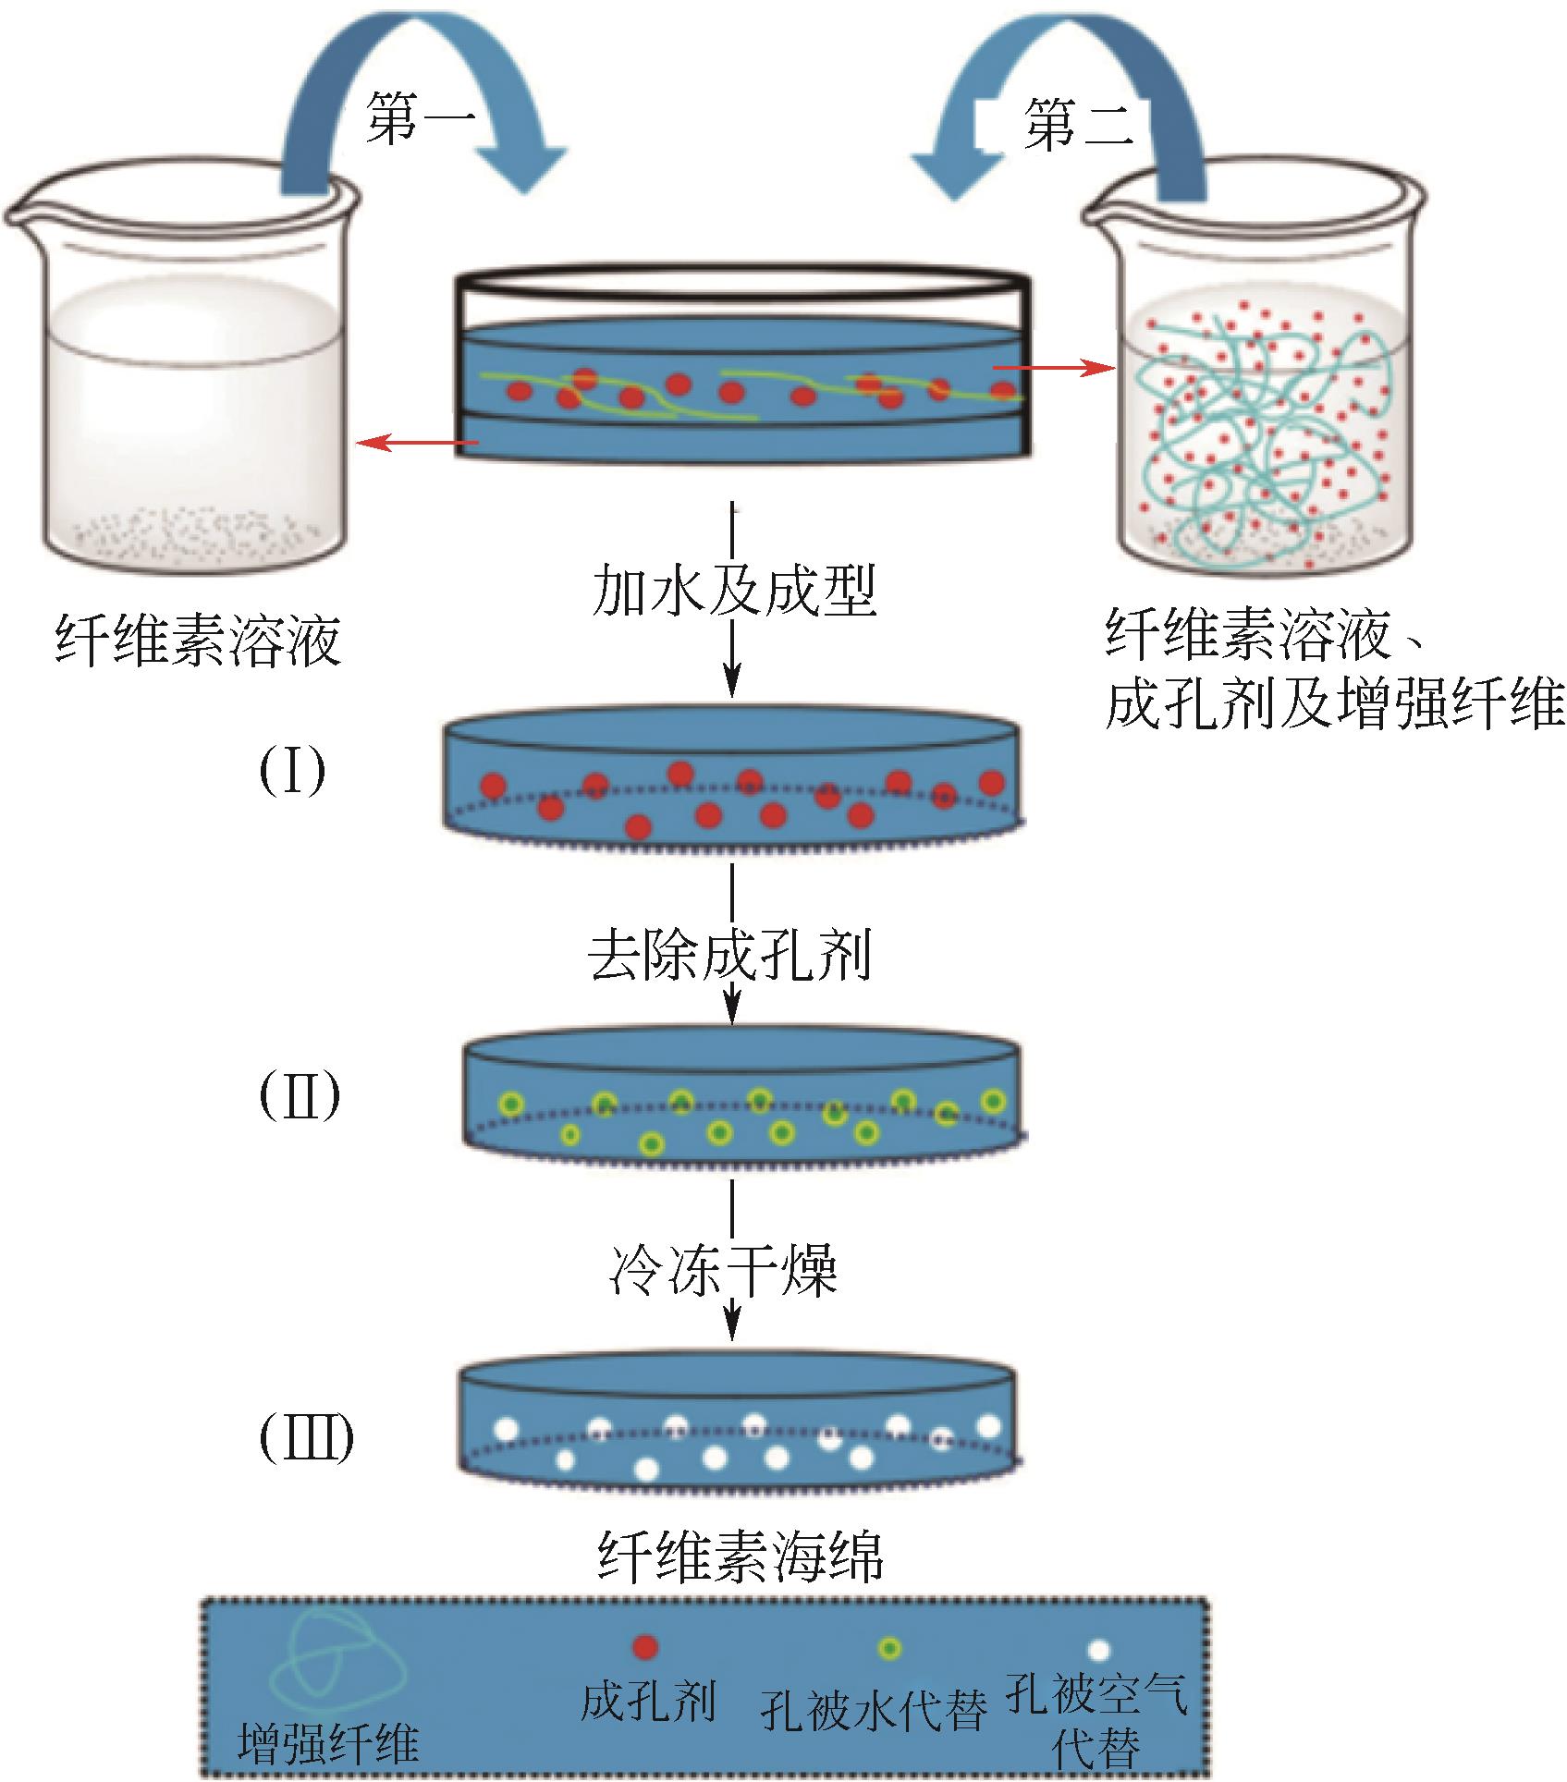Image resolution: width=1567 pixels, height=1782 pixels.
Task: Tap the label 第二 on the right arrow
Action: click(x=1078, y=124)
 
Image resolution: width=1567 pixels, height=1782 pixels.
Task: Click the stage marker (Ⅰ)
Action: click(x=292, y=773)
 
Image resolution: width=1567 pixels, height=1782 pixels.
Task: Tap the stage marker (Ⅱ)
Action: click(x=299, y=1096)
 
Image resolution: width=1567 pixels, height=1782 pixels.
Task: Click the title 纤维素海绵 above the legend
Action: click(x=741, y=1556)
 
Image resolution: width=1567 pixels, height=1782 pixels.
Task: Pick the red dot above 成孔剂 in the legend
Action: click(x=644, y=1646)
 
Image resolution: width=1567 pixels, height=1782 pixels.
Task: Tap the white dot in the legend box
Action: click(x=1098, y=1650)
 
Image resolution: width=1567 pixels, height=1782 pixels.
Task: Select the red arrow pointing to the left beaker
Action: click(x=416, y=445)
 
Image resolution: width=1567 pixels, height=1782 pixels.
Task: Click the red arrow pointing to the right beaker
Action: click(x=1054, y=368)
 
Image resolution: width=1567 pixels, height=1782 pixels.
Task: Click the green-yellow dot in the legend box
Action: click(x=889, y=1648)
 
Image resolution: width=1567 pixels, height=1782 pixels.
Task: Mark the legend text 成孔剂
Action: click(x=647, y=1700)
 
